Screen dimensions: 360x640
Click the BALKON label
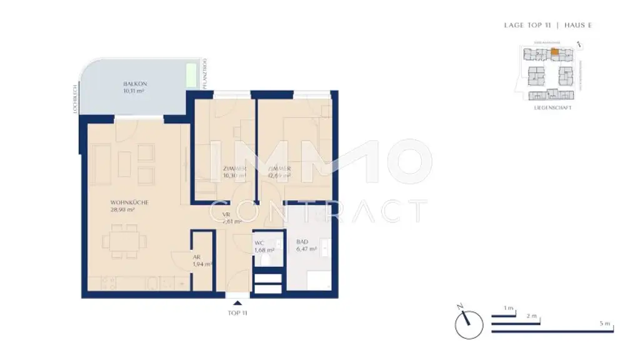(x=134, y=83)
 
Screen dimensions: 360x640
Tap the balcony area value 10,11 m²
(x=134, y=91)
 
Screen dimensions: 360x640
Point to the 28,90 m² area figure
(x=123, y=211)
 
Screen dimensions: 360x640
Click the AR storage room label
(x=196, y=257)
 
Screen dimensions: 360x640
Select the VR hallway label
(x=226, y=214)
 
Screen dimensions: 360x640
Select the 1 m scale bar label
(x=509, y=309)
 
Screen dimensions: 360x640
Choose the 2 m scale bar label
(x=532, y=316)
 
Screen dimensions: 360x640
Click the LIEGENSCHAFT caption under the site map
(x=553, y=107)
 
